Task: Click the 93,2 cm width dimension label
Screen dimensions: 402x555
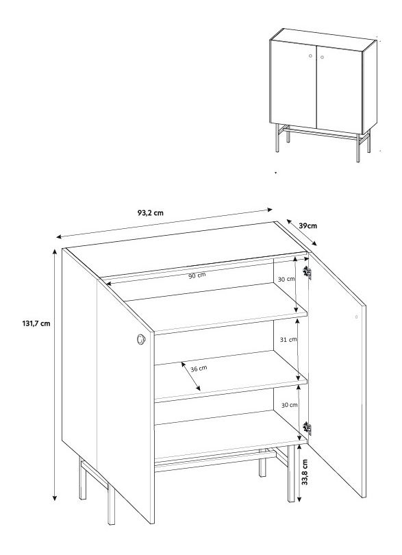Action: click(x=151, y=212)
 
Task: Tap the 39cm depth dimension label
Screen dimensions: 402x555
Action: click(x=308, y=225)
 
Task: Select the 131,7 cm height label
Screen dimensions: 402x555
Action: click(x=36, y=323)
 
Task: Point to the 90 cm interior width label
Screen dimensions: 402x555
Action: click(x=197, y=275)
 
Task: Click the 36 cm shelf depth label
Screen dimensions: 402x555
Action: click(x=199, y=369)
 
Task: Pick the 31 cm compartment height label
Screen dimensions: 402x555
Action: click(x=288, y=339)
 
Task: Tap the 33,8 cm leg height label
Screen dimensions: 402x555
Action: click(x=305, y=472)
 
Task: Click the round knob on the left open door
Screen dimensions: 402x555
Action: click(x=141, y=339)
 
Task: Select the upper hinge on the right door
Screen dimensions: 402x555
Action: click(x=307, y=272)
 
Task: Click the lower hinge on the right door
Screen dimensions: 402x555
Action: click(x=307, y=428)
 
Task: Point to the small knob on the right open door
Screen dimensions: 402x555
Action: click(x=356, y=317)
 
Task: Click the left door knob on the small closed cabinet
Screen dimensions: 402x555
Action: click(x=310, y=56)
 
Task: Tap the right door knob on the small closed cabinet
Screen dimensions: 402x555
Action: click(x=322, y=57)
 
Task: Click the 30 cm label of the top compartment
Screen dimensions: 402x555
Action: click(x=286, y=279)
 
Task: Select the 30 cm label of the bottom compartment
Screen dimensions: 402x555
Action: click(x=290, y=405)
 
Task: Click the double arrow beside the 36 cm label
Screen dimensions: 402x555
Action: click(x=191, y=376)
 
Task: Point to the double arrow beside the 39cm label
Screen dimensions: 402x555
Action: click(x=301, y=232)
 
